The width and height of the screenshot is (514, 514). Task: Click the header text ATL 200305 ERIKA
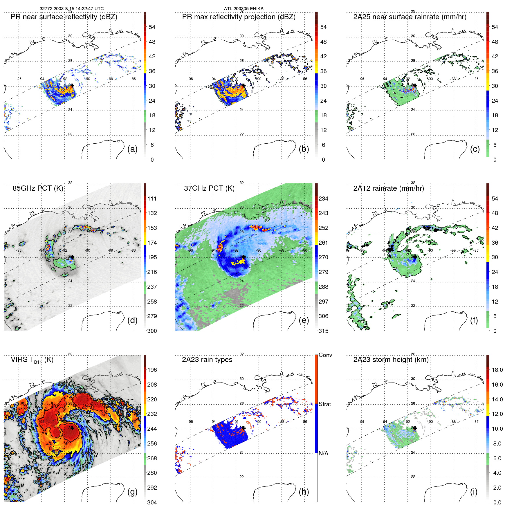coord(244,9)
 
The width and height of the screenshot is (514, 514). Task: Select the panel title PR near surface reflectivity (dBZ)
coord(64,17)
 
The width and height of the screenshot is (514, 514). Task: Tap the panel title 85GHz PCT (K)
coord(38,188)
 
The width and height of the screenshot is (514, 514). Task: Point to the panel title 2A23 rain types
coord(207,360)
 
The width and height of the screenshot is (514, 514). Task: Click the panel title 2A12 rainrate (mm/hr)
coord(388,188)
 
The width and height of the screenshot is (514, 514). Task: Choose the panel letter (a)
coord(132,149)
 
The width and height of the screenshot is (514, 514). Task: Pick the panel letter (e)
coord(304,320)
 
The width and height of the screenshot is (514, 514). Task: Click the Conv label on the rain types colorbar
coord(325,355)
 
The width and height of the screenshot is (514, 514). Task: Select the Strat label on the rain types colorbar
coord(325,404)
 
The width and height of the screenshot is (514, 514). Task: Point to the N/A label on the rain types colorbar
coord(323,453)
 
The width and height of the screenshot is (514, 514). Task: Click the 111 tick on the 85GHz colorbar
coord(152,199)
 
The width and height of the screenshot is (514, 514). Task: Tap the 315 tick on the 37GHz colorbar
coord(323,331)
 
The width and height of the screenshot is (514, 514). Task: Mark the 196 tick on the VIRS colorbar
coord(152,370)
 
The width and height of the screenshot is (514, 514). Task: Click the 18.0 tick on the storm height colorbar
coord(497,370)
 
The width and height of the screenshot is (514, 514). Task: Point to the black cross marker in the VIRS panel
coord(72,428)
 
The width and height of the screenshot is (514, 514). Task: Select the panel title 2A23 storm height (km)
coord(391,360)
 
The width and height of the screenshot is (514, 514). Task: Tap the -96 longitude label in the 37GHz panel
coord(190,250)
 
